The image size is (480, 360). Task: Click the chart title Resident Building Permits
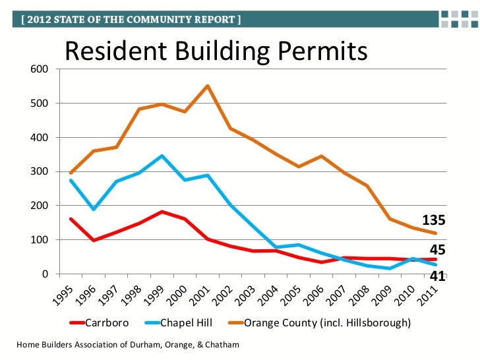215,51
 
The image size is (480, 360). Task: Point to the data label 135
434,221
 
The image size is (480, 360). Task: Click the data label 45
438,250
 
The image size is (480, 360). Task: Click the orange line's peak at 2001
207,86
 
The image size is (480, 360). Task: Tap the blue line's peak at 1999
162,156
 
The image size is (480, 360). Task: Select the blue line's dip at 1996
94,209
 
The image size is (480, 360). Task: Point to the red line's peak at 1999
162,212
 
